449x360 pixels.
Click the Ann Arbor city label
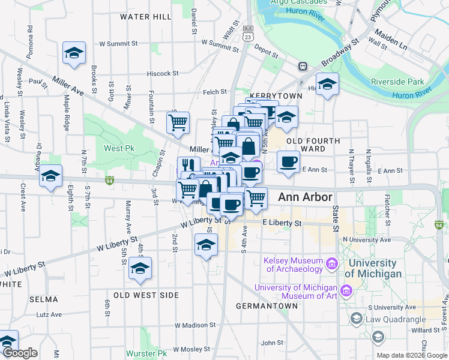pos(305,197)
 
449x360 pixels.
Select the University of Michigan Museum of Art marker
pos(346,292)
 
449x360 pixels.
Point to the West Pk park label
pos(119,148)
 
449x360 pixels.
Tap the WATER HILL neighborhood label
pos(146,17)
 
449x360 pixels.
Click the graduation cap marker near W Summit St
pos(74,53)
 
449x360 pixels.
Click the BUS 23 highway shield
pos(247,32)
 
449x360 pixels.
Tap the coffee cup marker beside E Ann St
pos(288,162)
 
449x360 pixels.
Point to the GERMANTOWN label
pos(267,305)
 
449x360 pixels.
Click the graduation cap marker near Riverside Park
pos(327,84)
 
